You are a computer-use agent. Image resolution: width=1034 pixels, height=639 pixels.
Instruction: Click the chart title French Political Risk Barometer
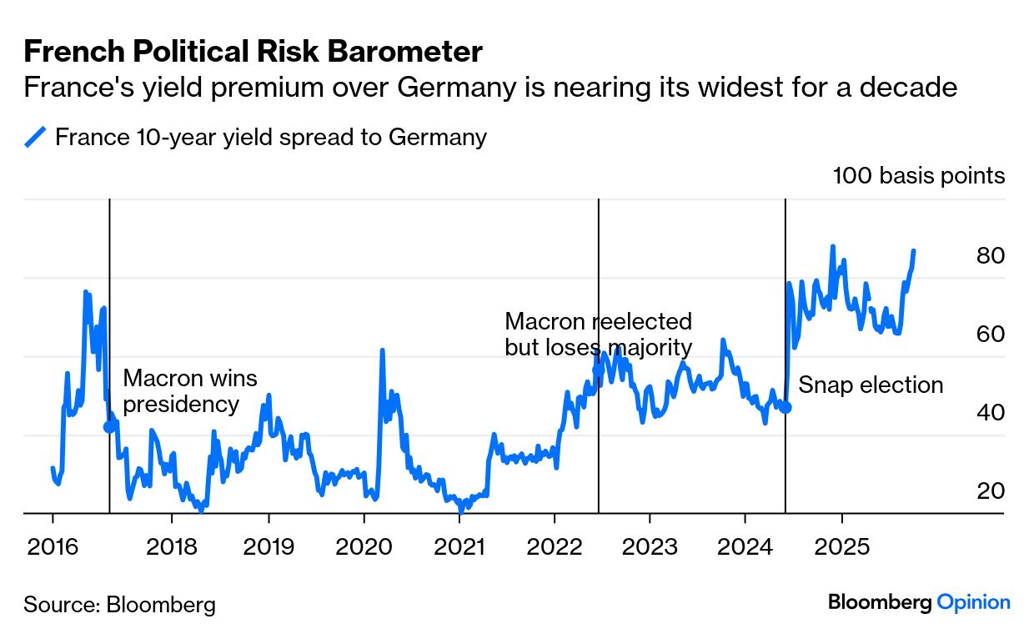click(253, 53)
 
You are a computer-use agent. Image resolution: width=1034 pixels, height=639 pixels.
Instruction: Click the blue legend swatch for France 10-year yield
click(34, 137)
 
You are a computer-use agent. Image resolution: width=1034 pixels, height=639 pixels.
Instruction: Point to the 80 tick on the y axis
click(990, 256)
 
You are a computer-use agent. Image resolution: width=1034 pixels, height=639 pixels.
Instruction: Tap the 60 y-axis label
click(990, 335)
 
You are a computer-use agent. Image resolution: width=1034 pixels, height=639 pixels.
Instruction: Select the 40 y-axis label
click(990, 413)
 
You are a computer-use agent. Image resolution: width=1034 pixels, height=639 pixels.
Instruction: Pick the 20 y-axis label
click(990, 491)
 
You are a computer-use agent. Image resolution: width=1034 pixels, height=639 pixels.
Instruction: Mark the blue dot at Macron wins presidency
click(109, 427)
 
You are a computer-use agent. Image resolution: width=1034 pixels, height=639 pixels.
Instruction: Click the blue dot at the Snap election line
click(786, 407)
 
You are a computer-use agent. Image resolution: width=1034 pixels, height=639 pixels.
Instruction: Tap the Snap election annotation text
click(871, 385)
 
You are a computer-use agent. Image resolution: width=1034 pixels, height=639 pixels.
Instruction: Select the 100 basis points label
click(918, 176)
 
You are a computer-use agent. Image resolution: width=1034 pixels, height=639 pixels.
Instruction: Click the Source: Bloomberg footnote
click(119, 604)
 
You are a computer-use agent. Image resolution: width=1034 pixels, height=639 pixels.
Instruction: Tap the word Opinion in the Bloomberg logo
click(973, 602)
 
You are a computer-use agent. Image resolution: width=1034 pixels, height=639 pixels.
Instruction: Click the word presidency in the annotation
click(181, 405)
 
